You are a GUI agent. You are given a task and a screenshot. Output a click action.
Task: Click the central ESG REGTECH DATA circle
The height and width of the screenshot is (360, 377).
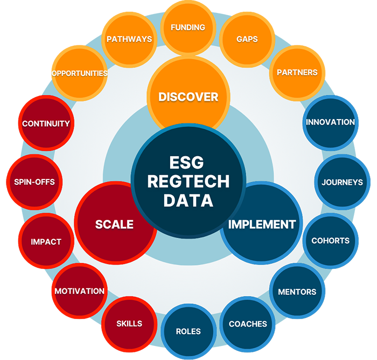point(188,181)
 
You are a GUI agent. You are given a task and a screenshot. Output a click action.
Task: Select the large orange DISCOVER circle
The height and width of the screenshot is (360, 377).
point(188,97)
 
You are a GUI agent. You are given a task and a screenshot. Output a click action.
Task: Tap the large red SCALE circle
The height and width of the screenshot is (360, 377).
point(114,224)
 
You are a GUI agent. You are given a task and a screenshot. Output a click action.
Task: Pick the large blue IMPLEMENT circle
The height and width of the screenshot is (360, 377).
point(262,224)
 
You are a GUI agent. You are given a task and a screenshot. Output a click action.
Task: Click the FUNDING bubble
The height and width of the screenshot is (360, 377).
point(188,27)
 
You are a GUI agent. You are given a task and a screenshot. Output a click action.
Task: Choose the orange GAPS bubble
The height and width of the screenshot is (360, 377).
point(247,39)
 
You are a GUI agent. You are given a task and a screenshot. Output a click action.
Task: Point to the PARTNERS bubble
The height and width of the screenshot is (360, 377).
point(297,72)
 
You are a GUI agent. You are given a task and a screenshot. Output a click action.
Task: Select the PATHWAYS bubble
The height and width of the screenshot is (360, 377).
point(129,39)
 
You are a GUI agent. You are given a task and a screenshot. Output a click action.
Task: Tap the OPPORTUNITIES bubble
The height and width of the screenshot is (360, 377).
point(80,73)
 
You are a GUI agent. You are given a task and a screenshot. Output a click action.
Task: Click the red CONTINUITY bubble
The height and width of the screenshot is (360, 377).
point(46,123)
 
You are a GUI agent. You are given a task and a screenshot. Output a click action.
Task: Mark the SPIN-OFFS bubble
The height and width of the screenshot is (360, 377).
point(34,182)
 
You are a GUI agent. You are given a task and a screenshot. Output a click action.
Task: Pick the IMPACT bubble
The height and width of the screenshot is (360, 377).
point(46,241)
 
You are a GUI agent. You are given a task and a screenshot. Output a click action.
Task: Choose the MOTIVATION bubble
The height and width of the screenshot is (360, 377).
point(79,291)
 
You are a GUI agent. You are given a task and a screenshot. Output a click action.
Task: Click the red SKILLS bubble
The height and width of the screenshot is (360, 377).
point(129,323)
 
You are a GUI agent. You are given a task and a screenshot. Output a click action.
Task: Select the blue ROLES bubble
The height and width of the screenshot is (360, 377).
point(188,331)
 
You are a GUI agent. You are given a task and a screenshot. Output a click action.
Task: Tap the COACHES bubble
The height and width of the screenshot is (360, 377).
point(248,324)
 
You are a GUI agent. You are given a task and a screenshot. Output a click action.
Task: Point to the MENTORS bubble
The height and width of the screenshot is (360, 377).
point(297,292)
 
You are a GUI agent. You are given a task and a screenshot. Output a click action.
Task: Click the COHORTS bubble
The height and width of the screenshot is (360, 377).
point(330,241)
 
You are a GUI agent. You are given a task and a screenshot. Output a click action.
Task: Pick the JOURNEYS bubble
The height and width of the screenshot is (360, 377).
point(342,182)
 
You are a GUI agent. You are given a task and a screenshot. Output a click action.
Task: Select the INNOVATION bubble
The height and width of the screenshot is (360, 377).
point(330,122)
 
